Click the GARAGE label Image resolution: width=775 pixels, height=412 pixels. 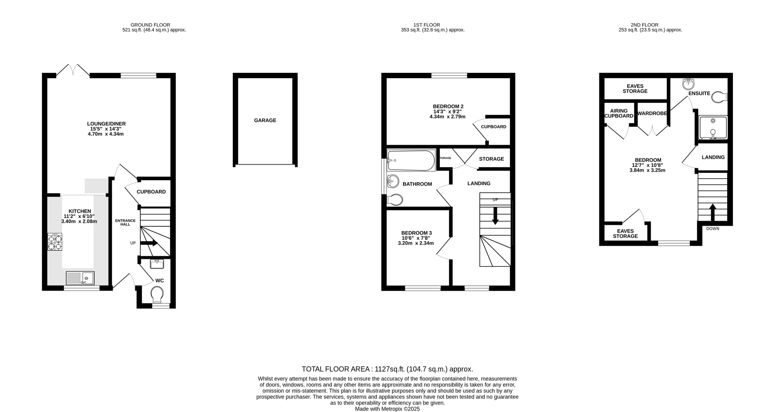tap(265, 120)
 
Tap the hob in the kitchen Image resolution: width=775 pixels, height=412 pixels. tap(55, 242)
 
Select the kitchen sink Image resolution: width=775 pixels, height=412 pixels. tap(80, 279)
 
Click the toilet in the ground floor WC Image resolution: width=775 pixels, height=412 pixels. tap(157, 294)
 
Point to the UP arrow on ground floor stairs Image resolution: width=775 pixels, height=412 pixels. tap(149, 243)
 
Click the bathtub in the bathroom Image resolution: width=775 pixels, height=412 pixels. tap(411, 161)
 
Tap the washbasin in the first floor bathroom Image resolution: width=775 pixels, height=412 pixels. tap(393, 182)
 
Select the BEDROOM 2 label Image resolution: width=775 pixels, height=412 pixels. tap(448, 107)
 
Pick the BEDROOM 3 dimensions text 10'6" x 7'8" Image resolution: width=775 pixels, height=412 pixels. tap(416, 238)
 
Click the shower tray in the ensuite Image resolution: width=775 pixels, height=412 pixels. tap(713, 127)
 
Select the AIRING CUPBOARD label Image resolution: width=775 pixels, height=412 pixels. tap(619, 113)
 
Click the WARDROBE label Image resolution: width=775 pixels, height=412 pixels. tap(652, 113)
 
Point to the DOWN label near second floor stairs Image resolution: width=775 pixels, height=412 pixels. tap(713, 229)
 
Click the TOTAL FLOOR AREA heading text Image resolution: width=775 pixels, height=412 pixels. tap(387, 369)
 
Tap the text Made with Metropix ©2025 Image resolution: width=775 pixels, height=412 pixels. tap(387, 409)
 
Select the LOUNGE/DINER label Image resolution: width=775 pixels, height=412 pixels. tap(106, 124)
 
